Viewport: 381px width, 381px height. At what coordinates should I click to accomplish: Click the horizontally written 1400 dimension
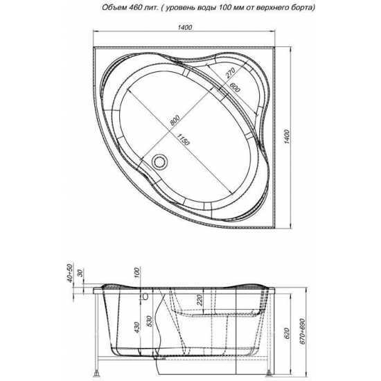185,28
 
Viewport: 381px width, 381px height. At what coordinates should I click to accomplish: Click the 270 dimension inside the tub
231,74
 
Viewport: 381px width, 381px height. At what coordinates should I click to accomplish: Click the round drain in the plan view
161,162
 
